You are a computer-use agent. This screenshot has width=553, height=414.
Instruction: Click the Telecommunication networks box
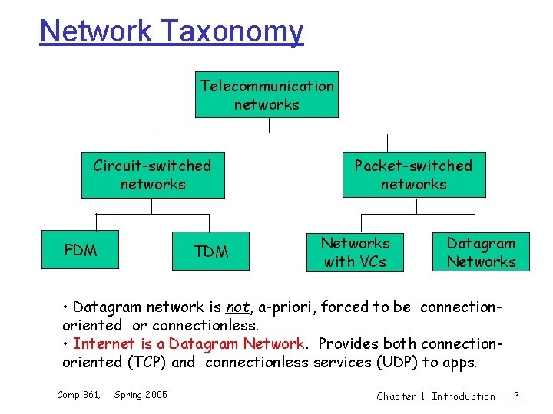pyautogui.click(x=267, y=95)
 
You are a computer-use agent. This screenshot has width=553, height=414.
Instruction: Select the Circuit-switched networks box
pyautogui.click(x=153, y=176)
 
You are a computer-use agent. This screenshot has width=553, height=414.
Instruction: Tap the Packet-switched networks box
pyautogui.click(x=413, y=176)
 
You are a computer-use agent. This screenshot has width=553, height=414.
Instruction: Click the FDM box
pyautogui.click(x=81, y=250)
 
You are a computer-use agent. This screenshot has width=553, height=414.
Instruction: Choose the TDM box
pyautogui.click(x=211, y=252)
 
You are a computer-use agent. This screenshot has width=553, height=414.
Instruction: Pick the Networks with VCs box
pyautogui.click(x=356, y=252)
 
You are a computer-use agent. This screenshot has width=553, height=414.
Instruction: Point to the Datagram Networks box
pyautogui.click(x=482, y=252)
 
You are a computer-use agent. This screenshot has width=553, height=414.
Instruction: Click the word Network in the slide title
pyautogui.click(x=96, y=31)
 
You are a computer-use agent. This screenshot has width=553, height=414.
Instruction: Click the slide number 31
pyautogui.click(x=518, y=396)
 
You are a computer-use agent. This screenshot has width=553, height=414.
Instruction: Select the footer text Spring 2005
pyautogui.click(x=141, y=395)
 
